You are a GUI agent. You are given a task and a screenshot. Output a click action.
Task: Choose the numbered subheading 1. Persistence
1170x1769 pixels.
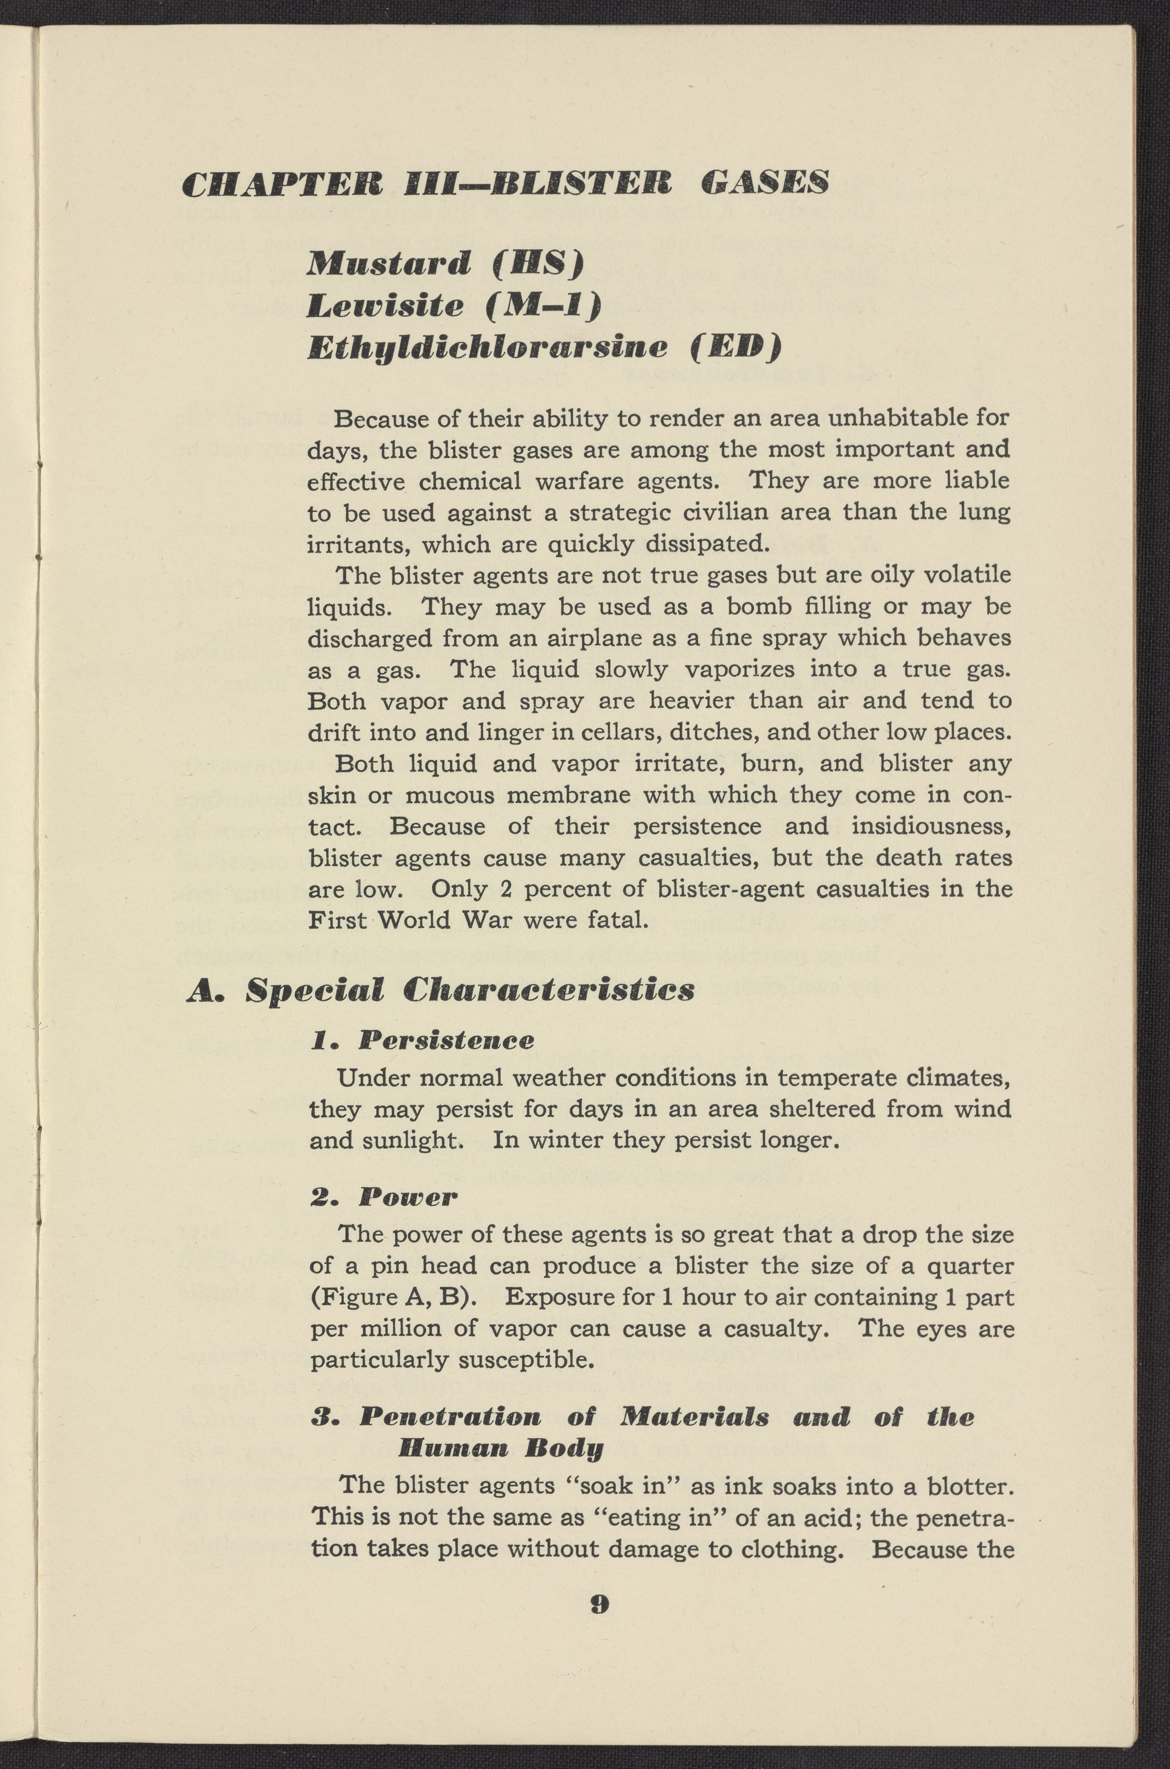click(422, 1040)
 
